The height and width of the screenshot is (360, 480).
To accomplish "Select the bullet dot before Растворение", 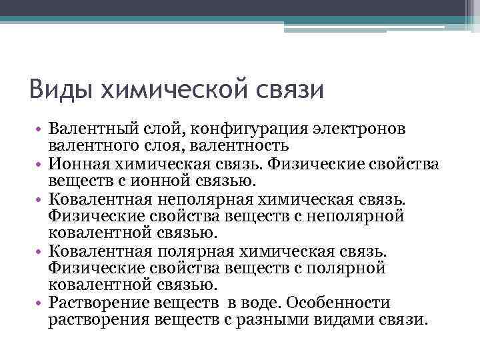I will tap(41, 303).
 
